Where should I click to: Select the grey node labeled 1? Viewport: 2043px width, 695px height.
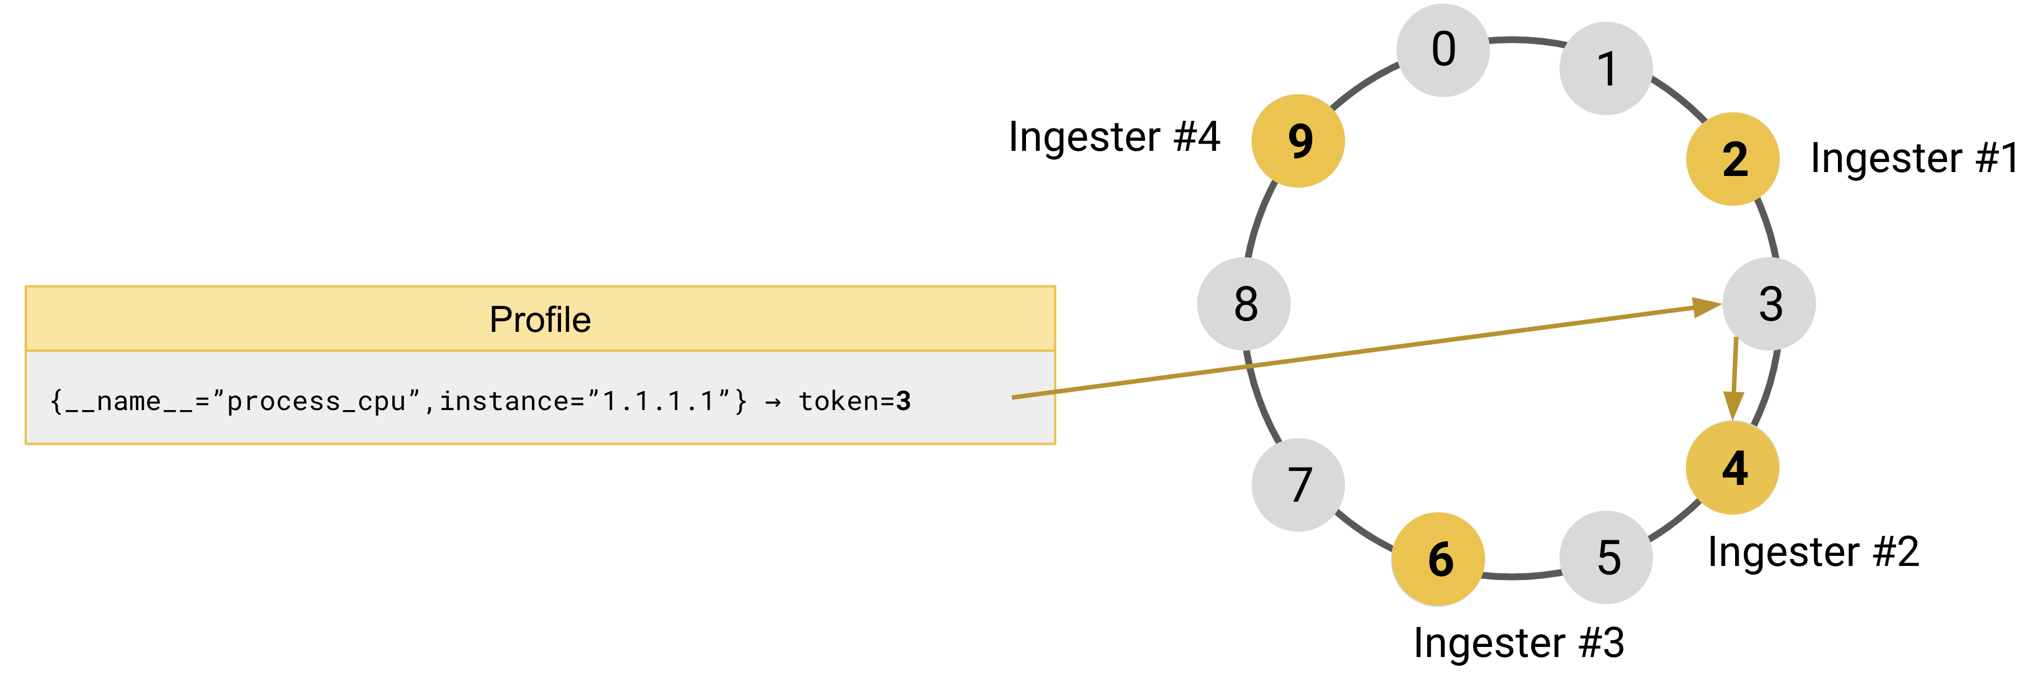coord(1606,69)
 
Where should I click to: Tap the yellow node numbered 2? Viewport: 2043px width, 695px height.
coord(1733,159)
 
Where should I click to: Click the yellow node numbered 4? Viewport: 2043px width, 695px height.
coord(1733,468)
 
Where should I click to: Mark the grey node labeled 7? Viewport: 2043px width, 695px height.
coord(1298,485)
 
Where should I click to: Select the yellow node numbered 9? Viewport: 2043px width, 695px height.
coord(1298,141)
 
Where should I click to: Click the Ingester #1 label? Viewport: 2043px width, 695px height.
coord(1914,159)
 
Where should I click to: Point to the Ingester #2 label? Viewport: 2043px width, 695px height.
coord(1813,553)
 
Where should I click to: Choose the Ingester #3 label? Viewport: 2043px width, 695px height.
coord(1518,642)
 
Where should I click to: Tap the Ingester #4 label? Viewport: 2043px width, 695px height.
coord(1114,137)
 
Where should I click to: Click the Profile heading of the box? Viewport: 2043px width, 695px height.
coord(540,320)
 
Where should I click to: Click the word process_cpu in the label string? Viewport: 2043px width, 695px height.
coord(316,402)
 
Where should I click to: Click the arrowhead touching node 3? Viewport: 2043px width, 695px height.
coord(1705,307)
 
